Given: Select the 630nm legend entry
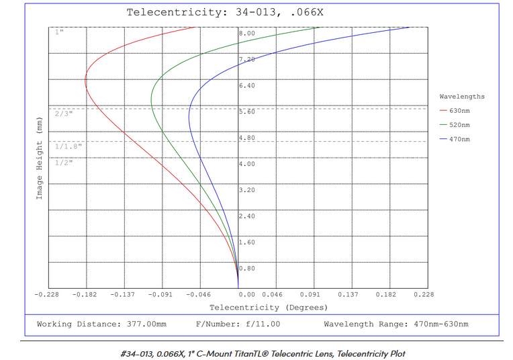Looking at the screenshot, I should (460, 111).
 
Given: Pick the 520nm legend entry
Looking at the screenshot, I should (460, 125).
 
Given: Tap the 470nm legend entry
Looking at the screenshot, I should (460, 139).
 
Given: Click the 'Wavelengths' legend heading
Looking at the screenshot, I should (462, 97).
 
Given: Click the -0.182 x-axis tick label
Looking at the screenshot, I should (85, 294).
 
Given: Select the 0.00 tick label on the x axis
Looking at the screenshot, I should (247, 294).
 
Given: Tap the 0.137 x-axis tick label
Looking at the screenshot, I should (348, 294).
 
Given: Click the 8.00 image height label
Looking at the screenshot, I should (247, 33).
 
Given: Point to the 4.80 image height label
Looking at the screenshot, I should (247, 138).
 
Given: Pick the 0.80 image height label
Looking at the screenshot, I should (247, 269).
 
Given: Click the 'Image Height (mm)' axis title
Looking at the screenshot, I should (40, 160).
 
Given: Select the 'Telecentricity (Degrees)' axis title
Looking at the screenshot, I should (269, 308).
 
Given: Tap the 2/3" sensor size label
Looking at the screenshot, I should (64, 114).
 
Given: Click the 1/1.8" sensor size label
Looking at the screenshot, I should (68, 146).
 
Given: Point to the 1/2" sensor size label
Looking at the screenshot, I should (64, 163).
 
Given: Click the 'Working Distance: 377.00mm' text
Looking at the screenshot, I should (101, 324).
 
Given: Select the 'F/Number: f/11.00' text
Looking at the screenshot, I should (238, 324).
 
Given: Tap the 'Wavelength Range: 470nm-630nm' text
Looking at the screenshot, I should (396, 324).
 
